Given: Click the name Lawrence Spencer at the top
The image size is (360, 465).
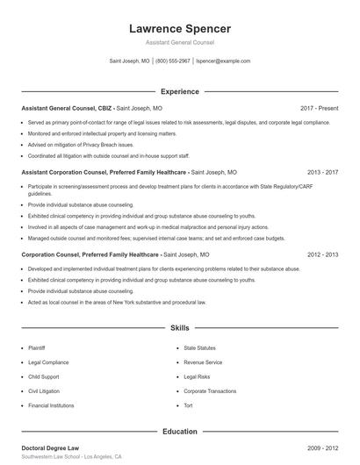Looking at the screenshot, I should click(179, 29).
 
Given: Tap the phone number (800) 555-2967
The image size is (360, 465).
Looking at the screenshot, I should click(173, 61).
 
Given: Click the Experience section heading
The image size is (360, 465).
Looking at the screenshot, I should click(179, 91).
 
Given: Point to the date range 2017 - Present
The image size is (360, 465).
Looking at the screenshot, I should click(320, 108).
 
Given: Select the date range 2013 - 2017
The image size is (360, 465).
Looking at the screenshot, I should click(323, 174).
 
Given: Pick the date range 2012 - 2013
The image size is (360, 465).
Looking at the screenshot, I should click(323, 254).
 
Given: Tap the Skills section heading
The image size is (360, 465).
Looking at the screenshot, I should click(179, 328).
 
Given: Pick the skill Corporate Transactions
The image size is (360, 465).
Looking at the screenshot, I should click(212, 390).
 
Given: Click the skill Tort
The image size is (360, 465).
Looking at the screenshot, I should click(189, 405).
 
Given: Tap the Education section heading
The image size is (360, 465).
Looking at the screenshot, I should click(179, 432).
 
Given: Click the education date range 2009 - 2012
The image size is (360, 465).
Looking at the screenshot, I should click(323, 447).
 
